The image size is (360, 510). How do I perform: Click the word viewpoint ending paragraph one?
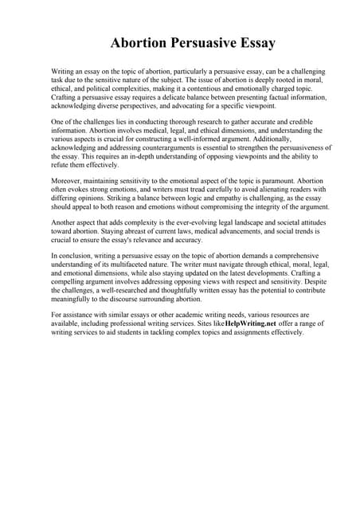point(254,105)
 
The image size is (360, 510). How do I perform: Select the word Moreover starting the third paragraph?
point(68,182)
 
